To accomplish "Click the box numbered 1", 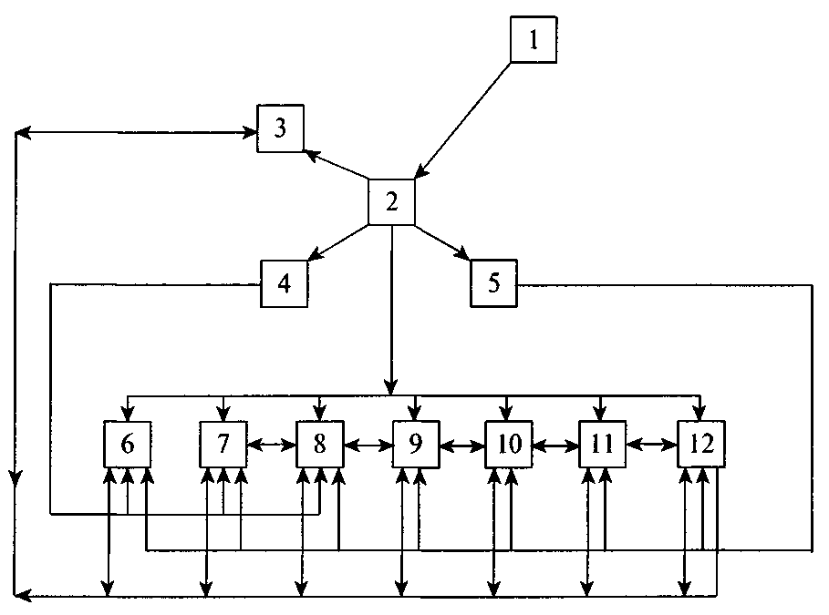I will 534,40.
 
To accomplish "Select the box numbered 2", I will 391,201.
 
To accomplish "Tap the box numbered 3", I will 281,128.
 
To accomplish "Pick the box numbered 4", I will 284,283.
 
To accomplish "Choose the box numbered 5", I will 493,283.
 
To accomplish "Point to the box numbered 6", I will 128,445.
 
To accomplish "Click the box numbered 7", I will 223,445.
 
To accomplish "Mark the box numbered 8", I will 319,445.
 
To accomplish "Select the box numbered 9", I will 416,445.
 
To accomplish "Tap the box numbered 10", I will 509,445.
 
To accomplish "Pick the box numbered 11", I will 602,445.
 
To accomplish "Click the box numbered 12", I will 701,445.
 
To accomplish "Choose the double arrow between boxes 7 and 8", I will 272,446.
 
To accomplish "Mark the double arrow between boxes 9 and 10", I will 461,446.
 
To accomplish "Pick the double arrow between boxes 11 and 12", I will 651,446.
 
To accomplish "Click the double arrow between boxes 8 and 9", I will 368,446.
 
